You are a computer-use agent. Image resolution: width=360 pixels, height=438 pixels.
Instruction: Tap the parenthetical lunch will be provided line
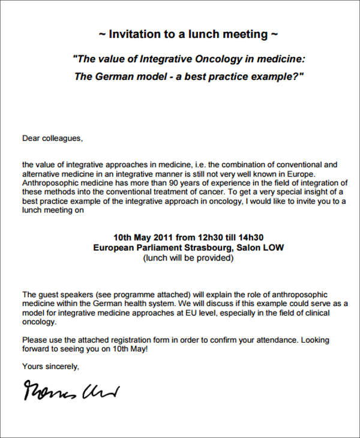[x=187, y=258]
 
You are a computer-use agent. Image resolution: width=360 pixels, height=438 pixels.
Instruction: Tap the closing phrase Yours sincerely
[x=50, y=366]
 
